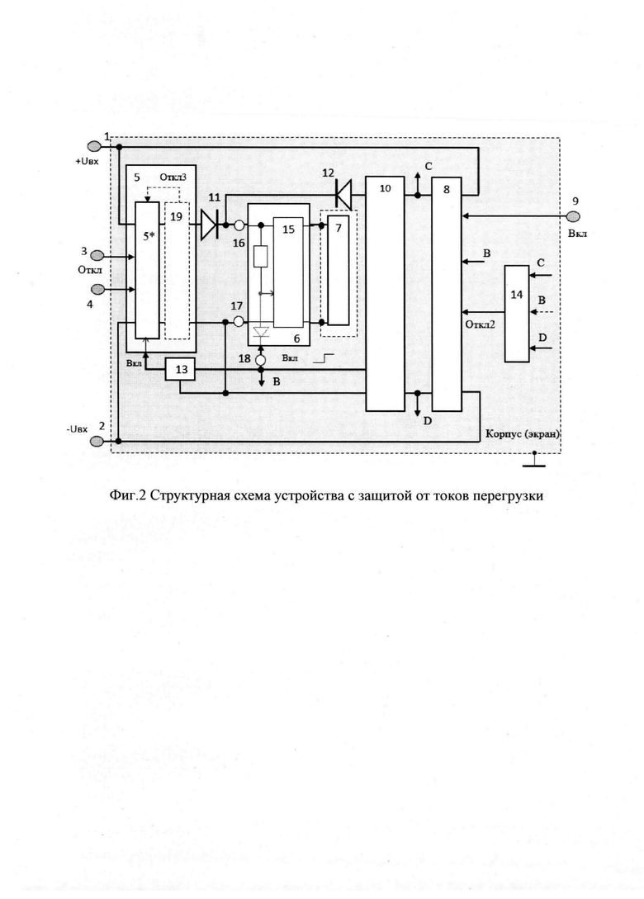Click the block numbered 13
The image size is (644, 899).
[180, 369]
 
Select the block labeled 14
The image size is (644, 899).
[517, 314]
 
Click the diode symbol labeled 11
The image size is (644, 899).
[210, 224]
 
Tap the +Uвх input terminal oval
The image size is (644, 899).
[93, 147]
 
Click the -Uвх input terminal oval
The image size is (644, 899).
[96, 440]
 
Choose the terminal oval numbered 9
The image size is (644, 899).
[575, 216]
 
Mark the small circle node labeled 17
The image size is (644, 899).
[239, 322]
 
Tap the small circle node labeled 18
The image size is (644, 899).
[262, 360]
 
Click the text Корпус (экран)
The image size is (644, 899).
[522, 434]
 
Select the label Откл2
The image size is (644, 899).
[480, 324]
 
